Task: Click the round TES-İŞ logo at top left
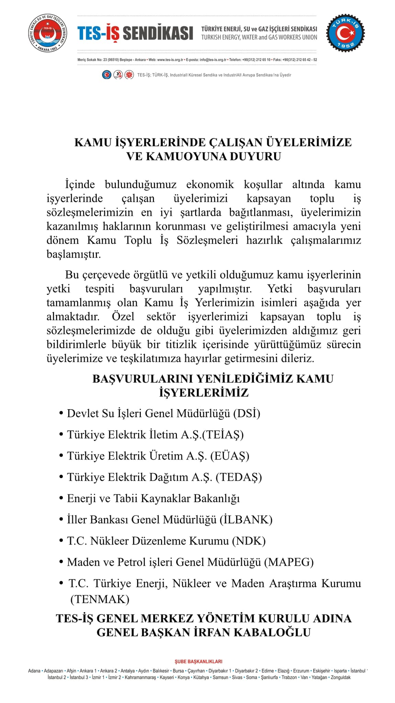47,34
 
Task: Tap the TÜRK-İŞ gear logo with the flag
346,34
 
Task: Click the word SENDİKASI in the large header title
158,34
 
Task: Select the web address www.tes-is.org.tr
170,60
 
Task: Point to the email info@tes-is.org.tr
213,60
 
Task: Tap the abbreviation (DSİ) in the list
247,413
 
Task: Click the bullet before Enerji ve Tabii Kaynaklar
61,498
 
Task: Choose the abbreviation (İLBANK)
246,520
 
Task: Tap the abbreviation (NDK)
249,541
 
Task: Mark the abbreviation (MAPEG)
289,562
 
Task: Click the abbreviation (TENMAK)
100,600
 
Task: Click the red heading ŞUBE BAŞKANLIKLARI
199,661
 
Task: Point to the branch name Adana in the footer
34,671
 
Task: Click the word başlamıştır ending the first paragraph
74,254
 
